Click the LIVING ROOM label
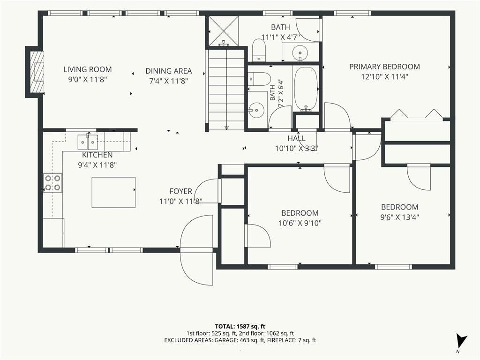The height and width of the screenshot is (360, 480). [x=88, y=69]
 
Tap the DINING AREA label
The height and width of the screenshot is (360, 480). [x=169, y=71]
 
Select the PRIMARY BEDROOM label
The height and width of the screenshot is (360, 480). [x=384, y=67]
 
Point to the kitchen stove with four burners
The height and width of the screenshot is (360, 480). [x=52, y=183]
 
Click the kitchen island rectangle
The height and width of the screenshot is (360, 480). [x=113, y=192]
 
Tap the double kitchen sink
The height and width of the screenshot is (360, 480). [x=88, y=142]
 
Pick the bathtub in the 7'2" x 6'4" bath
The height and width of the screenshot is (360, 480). [x=306, y=89]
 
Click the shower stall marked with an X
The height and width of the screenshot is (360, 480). [x=223, y=30]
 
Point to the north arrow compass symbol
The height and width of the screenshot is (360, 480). [x=461, y=341]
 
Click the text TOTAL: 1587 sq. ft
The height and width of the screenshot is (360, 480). [x=240, y=326]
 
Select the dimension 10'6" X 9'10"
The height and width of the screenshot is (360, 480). [x=300, y=223]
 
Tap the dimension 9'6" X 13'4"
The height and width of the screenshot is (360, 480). [x=400, y=217]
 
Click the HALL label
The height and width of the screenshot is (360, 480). [x=296, y=138]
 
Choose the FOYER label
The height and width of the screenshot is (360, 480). [x=180, y=191]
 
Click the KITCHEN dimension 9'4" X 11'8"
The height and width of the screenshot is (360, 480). [x=97, y=165]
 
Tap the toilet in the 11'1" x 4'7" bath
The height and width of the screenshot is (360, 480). [x=259, y=50]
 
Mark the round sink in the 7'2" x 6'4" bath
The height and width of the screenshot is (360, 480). [x=256, y=109]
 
